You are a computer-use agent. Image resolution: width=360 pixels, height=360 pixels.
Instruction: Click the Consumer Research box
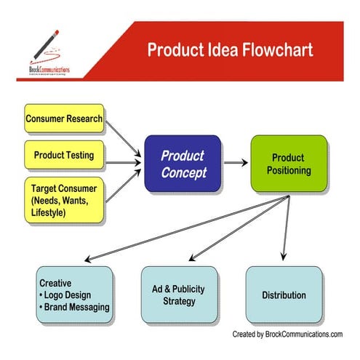tap(64, 119)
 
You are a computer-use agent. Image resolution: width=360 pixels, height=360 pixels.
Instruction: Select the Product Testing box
tap(64, 155)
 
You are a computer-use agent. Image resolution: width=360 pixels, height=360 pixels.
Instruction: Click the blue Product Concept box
tap(183, 164)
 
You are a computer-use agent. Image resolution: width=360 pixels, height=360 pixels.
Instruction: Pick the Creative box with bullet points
tap(74, 295)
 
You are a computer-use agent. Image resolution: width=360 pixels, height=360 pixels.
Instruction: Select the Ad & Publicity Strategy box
tap(178, 295)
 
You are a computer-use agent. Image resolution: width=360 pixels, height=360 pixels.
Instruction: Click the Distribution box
tap(284, 295)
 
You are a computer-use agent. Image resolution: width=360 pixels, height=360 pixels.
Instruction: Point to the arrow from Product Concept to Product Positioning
tap(236, 164)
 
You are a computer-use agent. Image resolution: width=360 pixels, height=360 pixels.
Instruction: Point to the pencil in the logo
tap(45, 44)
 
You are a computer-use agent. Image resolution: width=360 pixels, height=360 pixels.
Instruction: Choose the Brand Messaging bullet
tap(75, 307)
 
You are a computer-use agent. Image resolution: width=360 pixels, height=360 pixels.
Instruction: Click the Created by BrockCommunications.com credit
tap(287, 334)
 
